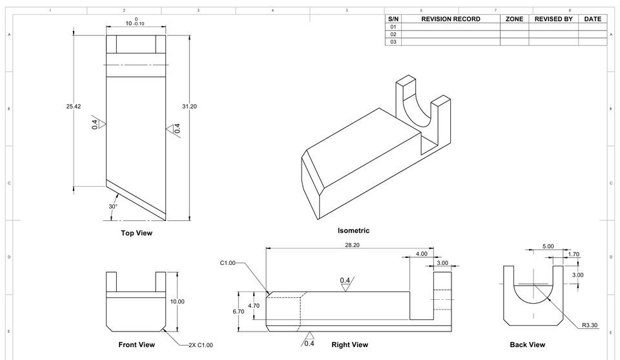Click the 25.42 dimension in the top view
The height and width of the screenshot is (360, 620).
pyautogui.click(x=73, y=107)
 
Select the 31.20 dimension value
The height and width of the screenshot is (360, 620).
pyautogui.click(x=190, y=106)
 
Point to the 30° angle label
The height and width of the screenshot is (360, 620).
pyautogui.click(x=113, y=207)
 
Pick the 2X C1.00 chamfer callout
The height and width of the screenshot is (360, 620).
pyautogui.click(x=200, y=344)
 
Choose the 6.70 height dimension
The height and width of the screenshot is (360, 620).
pyautogui.click(x=238, y=311)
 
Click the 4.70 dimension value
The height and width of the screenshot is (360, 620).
pyautogui.click(x=254, y=305)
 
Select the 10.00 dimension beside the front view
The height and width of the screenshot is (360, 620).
pyautogui.click(x=177, y=302)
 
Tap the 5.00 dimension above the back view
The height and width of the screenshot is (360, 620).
pyautogui.click(x=548, y=246)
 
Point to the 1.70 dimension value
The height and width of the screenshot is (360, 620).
pyautogui.click(x=573, y=254)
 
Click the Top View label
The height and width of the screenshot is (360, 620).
pyautogui.click(x=136, y=233)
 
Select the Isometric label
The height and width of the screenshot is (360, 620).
pyautogui.click(x=353, y=230)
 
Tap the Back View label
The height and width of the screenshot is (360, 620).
pyautogui.click(x=527, y=344)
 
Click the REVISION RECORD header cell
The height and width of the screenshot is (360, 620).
pyautogui.click(x=451, y=19)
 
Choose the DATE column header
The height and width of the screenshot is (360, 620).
pyautogui.click(x=592, y=19)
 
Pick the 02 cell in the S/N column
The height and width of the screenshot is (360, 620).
pyautogui.click(x=393, y=34)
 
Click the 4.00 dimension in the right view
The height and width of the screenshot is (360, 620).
pyautogui.click(x=421, y=254)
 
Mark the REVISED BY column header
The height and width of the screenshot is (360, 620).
pyautogui.click(x=553, y=19)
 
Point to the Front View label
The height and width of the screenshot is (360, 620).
pyautogui.click(x=136, y=344)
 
